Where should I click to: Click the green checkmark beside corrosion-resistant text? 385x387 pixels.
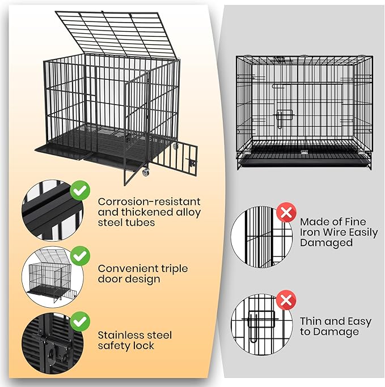tap(80, 190)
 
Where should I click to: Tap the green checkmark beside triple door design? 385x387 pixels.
tap(80, 256)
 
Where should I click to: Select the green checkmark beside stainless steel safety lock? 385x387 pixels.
tap(80, 321)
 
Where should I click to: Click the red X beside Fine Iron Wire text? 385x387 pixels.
tap(286, 213)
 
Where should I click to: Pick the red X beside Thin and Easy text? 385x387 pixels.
tap(286, 300)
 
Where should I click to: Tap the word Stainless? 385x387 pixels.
tap(120, 335)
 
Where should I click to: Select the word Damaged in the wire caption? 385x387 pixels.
tap(327, 243)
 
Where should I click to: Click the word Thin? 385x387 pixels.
tap(311, 321)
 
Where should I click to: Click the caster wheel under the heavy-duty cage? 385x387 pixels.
tap(145, 172)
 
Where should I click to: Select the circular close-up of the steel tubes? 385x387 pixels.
tap(53, 210)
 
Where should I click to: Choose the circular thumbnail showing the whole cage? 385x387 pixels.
tap(53, 277)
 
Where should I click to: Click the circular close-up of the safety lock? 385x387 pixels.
tap(53, 343)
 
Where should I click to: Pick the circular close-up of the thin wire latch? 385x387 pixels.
tap(261, 324)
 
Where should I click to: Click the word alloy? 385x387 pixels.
tap(188, 213)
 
